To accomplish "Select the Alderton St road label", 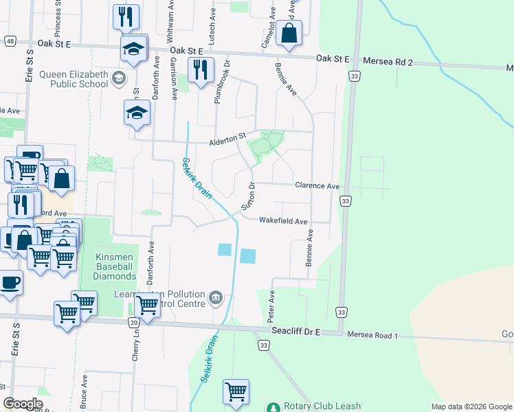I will [x=227, y=143].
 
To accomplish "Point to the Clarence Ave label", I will [x=317, y=186].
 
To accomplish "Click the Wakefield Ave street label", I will [x=282, y=220].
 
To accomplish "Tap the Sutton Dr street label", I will [x=249, y=196].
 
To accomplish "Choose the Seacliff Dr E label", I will [x=295, y=332].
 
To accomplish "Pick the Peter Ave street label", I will [x=271, y=306].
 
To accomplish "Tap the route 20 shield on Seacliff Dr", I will [x=133, y=322].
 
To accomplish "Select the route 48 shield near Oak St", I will [x=9, y=41].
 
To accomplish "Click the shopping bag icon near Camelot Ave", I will [x=289, y=32].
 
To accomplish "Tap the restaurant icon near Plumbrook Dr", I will [x=200, y=70].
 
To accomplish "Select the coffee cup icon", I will [x=10, y=282].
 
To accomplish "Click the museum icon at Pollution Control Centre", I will [x=216, y=297].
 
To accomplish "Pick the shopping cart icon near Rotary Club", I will [x=236, y=391].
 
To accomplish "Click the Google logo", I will [x=23, y=404].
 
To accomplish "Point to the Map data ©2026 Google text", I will [x=471, y=407].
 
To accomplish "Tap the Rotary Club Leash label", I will [x=322, y=407].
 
